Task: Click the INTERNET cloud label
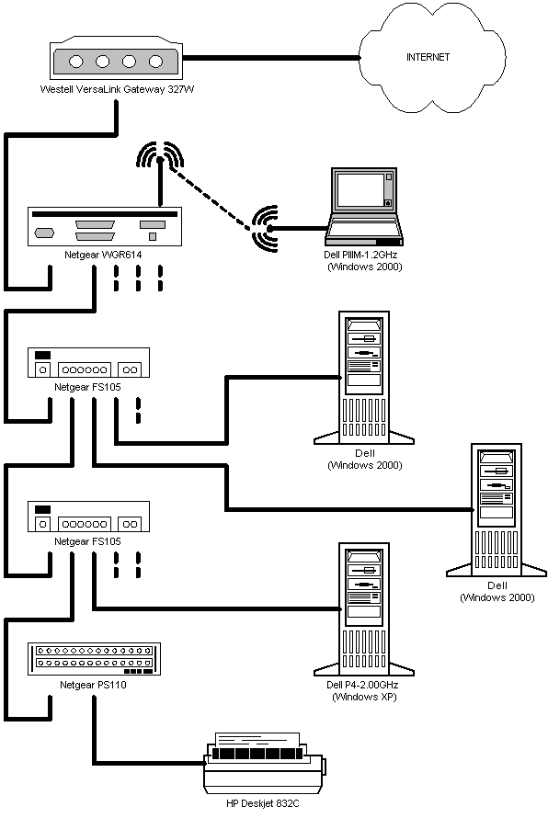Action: (428, 57)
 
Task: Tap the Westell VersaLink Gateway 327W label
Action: (117, 89)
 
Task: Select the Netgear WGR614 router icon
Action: (105, 226)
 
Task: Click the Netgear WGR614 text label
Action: (103, 255)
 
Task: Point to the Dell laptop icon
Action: (364, 207)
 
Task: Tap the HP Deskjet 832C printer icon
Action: (265, 762)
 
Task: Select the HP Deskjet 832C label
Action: (263, 803)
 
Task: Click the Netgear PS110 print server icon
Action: (94, 659)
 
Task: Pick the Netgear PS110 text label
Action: (93, 685)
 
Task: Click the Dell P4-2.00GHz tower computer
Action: (364, 609)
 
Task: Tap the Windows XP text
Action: (364, 697)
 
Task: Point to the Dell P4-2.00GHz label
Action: (362, 685)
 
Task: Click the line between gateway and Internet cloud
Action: (271, 57)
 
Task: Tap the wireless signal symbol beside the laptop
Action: (265, 229)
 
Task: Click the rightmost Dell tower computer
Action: (497, 510)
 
